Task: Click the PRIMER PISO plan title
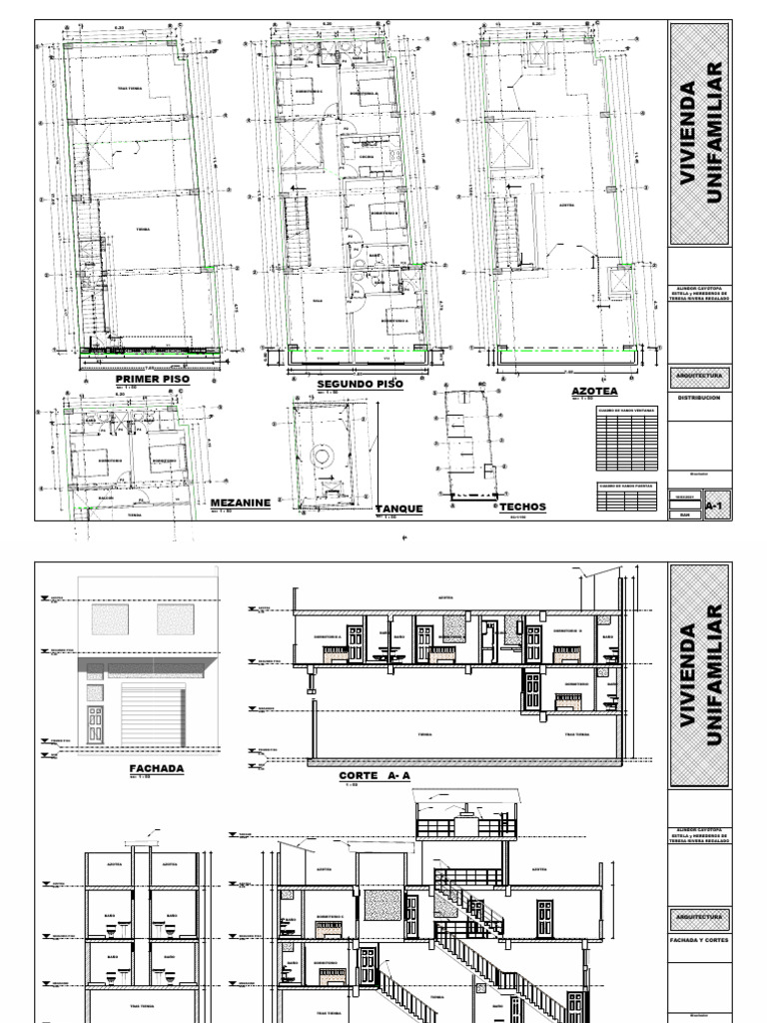point(152,380)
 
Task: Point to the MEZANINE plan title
point(240,504)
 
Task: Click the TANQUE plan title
point(399,509)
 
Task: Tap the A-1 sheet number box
point(713,507)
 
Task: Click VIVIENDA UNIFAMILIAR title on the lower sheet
point(698,675)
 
